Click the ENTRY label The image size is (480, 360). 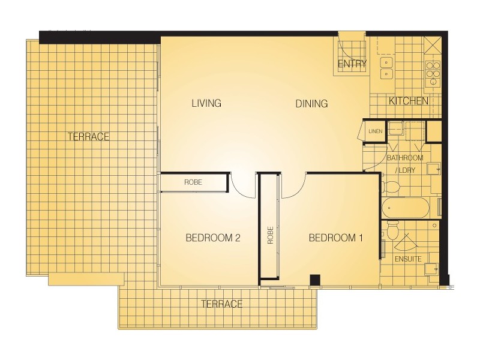click(x=352, y=64)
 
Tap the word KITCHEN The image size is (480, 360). click(x=408, y=101)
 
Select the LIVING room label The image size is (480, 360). click(x=206, y=103)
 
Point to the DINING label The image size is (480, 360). click(x=311, y=104)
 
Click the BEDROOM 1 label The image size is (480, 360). click(x=336, y=238)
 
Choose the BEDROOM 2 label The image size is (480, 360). click(x=213, y=238)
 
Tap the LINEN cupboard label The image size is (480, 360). click(x=376, y=131)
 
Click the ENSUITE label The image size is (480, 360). click(x=408, y=259)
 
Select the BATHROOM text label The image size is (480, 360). click(x=404, y=158)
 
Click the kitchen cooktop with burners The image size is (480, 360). click(x=432, y=71)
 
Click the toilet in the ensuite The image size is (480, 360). click(x=392, y=229)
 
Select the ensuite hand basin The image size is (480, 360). click(x=431, y=268)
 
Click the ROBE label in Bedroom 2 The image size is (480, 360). click(x=193, y=182)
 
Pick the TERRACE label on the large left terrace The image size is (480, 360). click(x=88, y=137)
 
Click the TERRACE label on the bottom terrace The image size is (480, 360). click(x=222, y=304)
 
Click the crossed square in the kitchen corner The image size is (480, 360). click(x=431, y=46)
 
